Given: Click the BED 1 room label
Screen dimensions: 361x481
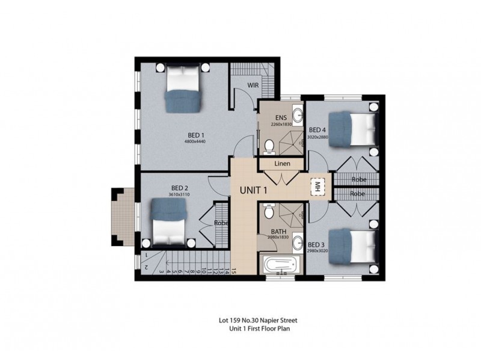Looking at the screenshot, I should [x=195, y=135].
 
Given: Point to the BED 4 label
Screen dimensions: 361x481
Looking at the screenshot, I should [x=317, y=130].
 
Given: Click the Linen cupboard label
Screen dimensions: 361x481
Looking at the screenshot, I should [x=282, y=164].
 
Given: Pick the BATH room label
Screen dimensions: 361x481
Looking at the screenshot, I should [x=278, y=231].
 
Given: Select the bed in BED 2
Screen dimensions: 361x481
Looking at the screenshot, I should [x=168, y=220].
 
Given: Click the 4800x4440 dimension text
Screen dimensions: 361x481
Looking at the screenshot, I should [x=195, y=142].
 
